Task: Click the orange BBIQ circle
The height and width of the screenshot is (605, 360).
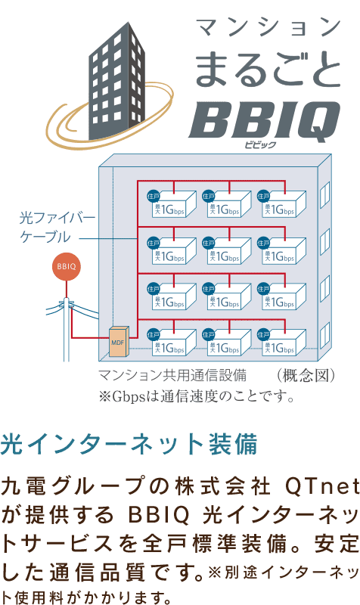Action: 67,266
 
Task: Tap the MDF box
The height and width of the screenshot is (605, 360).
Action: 119,342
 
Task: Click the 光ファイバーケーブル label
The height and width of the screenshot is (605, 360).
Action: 57,228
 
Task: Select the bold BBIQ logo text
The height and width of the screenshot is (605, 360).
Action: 265,121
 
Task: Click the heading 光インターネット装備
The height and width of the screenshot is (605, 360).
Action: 129,445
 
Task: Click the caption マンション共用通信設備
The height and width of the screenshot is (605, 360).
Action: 172,375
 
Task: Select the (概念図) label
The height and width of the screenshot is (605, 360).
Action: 306,375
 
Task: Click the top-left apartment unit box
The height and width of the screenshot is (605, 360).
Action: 172,203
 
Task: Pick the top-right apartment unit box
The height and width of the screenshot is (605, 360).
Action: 281,203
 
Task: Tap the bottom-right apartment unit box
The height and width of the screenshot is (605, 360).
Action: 281,343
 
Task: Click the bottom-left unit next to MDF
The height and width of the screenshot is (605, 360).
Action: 172,343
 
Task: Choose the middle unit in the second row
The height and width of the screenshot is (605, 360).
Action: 226,250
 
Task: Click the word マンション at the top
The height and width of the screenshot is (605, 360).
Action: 268,27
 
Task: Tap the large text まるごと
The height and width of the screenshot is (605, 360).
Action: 268,70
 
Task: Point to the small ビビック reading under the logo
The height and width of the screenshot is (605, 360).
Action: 260,144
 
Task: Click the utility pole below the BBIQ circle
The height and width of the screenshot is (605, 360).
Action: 67,329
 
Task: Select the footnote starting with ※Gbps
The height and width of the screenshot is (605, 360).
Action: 197,396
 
